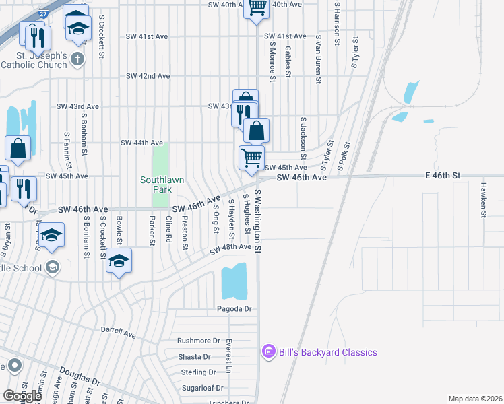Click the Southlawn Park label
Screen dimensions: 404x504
[157, 184]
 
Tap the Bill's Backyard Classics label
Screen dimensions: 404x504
[327, 352]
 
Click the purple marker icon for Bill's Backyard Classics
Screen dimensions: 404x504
[268, 351]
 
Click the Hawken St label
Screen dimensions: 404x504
[483, 200]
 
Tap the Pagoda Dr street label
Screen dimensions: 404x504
[234, 309]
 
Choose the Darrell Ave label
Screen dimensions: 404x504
[119, 333]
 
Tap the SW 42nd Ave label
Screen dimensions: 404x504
[148, 76]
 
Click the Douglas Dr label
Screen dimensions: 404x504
[80, 376]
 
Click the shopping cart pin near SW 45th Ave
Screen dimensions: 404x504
[251, 158]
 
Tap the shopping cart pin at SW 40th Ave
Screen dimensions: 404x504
[256, 7]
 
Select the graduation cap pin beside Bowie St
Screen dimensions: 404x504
[119, 261]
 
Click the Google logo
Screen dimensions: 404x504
[23, 396]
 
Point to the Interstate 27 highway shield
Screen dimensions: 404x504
[44, 14]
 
